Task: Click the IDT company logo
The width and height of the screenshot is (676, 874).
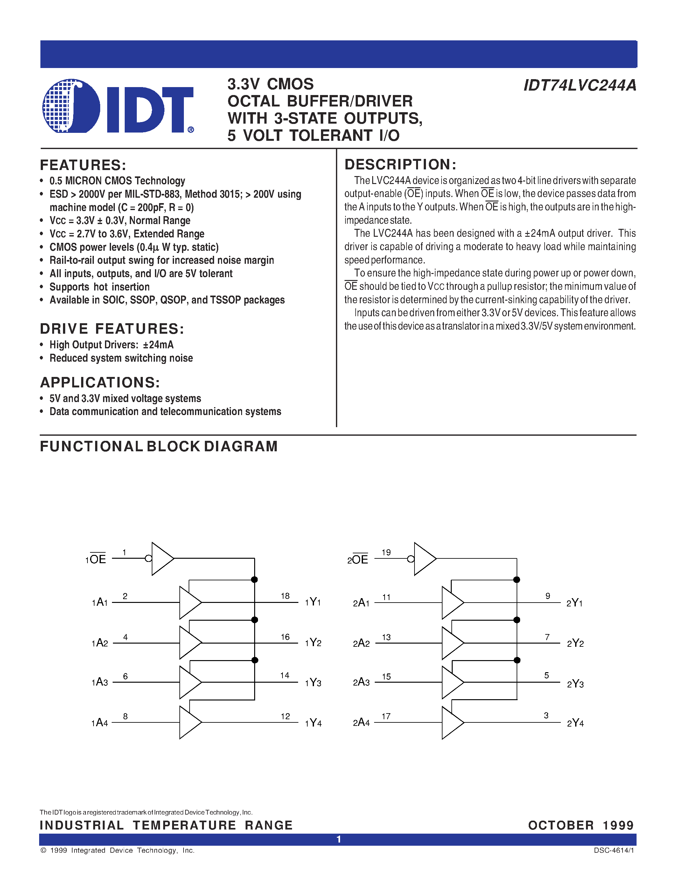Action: (x=118, y=106)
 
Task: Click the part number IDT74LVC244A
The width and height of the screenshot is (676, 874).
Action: (x=580, y=85)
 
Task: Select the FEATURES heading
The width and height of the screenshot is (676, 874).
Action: (x=83, y=165)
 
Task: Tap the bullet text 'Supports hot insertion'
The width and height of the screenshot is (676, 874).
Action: (x=99, y=287)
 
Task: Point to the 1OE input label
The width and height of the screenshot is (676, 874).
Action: (x=96, y=559)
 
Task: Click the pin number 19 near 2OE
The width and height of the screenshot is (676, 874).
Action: (x=386, y=552)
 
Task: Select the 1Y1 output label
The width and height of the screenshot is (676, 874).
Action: (x=313, y=602)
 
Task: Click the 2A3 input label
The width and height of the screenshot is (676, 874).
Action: (x=361, y=682)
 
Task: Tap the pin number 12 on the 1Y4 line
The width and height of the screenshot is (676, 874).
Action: (x=285, y=716)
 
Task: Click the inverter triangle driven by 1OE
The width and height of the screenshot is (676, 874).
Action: (x=161, y=559)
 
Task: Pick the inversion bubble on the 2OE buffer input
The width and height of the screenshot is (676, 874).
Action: (x=410, y=559)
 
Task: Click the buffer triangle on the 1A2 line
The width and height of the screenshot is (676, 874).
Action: (x=189, y=643)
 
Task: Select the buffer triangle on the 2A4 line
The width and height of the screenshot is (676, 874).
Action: (x=452, y=723)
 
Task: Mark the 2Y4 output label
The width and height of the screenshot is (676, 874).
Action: (x=575, y=723)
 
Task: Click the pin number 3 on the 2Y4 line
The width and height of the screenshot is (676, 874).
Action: (x=546, y=715)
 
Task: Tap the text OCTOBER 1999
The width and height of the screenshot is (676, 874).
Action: (x=581, y=825)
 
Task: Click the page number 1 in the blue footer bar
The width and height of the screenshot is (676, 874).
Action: (x=338, y=839)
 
